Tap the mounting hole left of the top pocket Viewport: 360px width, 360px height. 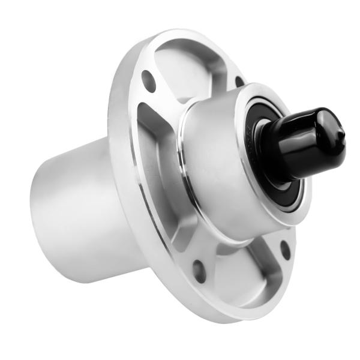click(x=148, y=80)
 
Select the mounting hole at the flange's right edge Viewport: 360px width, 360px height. click(x=286, y=249)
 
